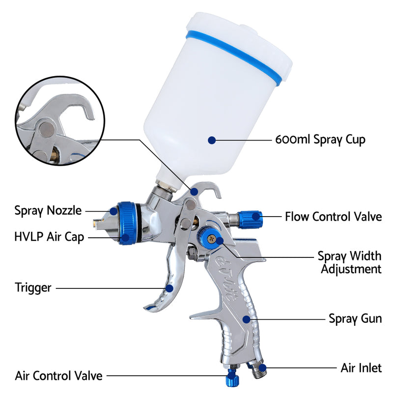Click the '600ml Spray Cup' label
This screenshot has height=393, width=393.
[x=320, y=140]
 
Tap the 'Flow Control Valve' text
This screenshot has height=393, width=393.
[x=333, y=216]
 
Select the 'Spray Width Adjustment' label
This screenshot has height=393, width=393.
[x=349, y=262]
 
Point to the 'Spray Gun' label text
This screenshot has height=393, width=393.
[x=355, y=318]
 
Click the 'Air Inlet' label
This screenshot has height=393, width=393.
[x=361, y=367]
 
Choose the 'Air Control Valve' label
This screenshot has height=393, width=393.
[x=59, y=376]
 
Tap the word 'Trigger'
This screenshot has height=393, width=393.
[x=33, y=287]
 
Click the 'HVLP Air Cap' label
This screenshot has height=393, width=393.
[x=49, y=237]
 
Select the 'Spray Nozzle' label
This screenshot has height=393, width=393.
[x=48, y=211]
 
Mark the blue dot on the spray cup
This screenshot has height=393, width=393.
[x=211, y=140]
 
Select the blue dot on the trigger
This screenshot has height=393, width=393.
[x=169, y=288]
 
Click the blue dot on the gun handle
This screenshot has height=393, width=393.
[x=246, y=319]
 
